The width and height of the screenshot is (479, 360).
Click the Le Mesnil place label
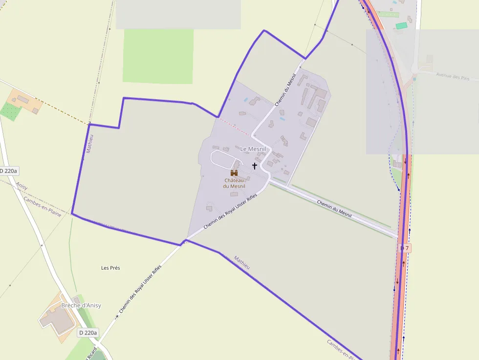coord(253,148)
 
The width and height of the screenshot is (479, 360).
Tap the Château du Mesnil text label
coord(234,183)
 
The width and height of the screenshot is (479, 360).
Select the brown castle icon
coord(234,173)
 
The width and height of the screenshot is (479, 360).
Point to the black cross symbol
coord(254,166)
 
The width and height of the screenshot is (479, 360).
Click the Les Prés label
coord(110,268)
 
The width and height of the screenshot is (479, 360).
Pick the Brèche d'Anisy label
coord(81,305)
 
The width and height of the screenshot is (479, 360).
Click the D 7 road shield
coord(405,248)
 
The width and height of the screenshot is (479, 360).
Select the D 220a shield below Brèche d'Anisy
coord(88,333)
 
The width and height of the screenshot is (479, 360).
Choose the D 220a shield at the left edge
coord(8,171)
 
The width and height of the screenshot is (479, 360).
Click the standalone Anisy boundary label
coord(22,186)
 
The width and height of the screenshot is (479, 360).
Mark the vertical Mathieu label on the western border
coord(89,144)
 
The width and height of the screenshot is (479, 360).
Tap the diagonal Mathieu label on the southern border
coord(242,262)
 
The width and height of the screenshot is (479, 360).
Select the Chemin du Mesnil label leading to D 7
coord(334,209)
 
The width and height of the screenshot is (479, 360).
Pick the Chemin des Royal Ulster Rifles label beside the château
coord(230,211)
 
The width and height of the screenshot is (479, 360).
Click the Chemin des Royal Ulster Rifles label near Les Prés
coord(140,289)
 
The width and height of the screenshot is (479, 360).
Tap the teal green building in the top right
coord(401,25)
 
